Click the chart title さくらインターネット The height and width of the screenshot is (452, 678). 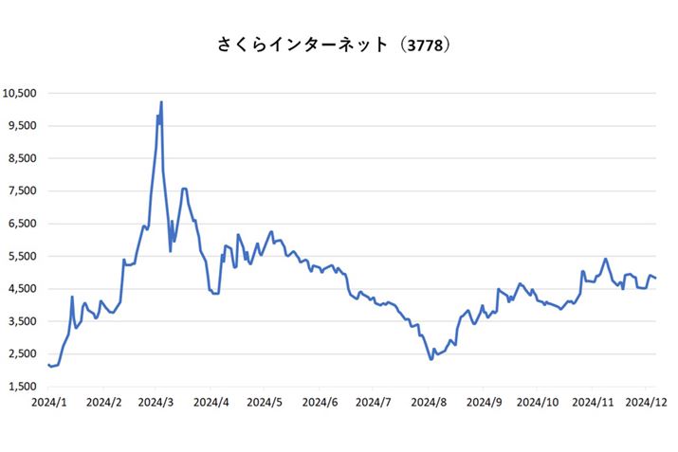pyautogui.click(x=302, y=45)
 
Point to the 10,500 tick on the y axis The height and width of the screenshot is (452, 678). pyautogui.click(x=20, y=93)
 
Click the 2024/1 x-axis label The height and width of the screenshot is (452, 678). pyautogui.click(x=47, y=402)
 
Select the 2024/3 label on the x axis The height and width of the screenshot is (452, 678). pyautogui.click(x=156, y=402)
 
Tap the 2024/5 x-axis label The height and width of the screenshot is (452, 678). pyautogui.click(x=265, y=402)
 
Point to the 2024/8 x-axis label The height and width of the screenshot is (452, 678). pyautogui.click(x=429, y=402)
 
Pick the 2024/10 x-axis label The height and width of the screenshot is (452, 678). pyautogui.click(x=538, y=402)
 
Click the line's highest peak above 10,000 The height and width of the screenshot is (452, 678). pyautogui.click(x=161, y=101)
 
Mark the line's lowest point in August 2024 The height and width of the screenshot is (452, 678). pyautogui.click(x=431, y=359)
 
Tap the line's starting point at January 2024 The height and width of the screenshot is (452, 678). pyautogui.click(x=47, y=365)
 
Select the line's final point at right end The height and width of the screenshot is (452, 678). pyautogui.click(x=656, y=278)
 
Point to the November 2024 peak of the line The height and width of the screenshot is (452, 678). pyautogui.click(x=605, y=259)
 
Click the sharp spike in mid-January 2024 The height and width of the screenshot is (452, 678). pyautogui.click(x=72, y=297)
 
